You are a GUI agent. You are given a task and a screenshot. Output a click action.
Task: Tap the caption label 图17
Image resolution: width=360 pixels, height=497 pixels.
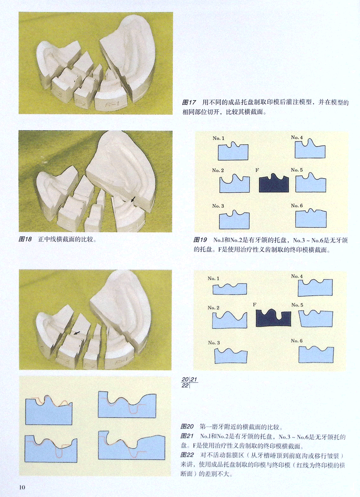(x=189, y=102)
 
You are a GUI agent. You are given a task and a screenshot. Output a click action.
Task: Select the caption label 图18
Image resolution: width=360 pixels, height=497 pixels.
(x=25, y=239)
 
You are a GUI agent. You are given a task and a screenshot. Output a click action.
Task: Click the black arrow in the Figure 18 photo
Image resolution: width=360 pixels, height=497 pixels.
(x=133, y=200)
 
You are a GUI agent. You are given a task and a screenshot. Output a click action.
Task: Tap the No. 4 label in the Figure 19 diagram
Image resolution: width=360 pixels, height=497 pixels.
(x=297, y=138)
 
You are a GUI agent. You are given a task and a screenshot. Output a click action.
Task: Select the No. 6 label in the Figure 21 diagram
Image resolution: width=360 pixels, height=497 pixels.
(x=297, y=341)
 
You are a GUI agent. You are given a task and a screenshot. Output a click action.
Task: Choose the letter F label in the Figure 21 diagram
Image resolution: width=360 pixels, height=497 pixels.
(x=255, y=305)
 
